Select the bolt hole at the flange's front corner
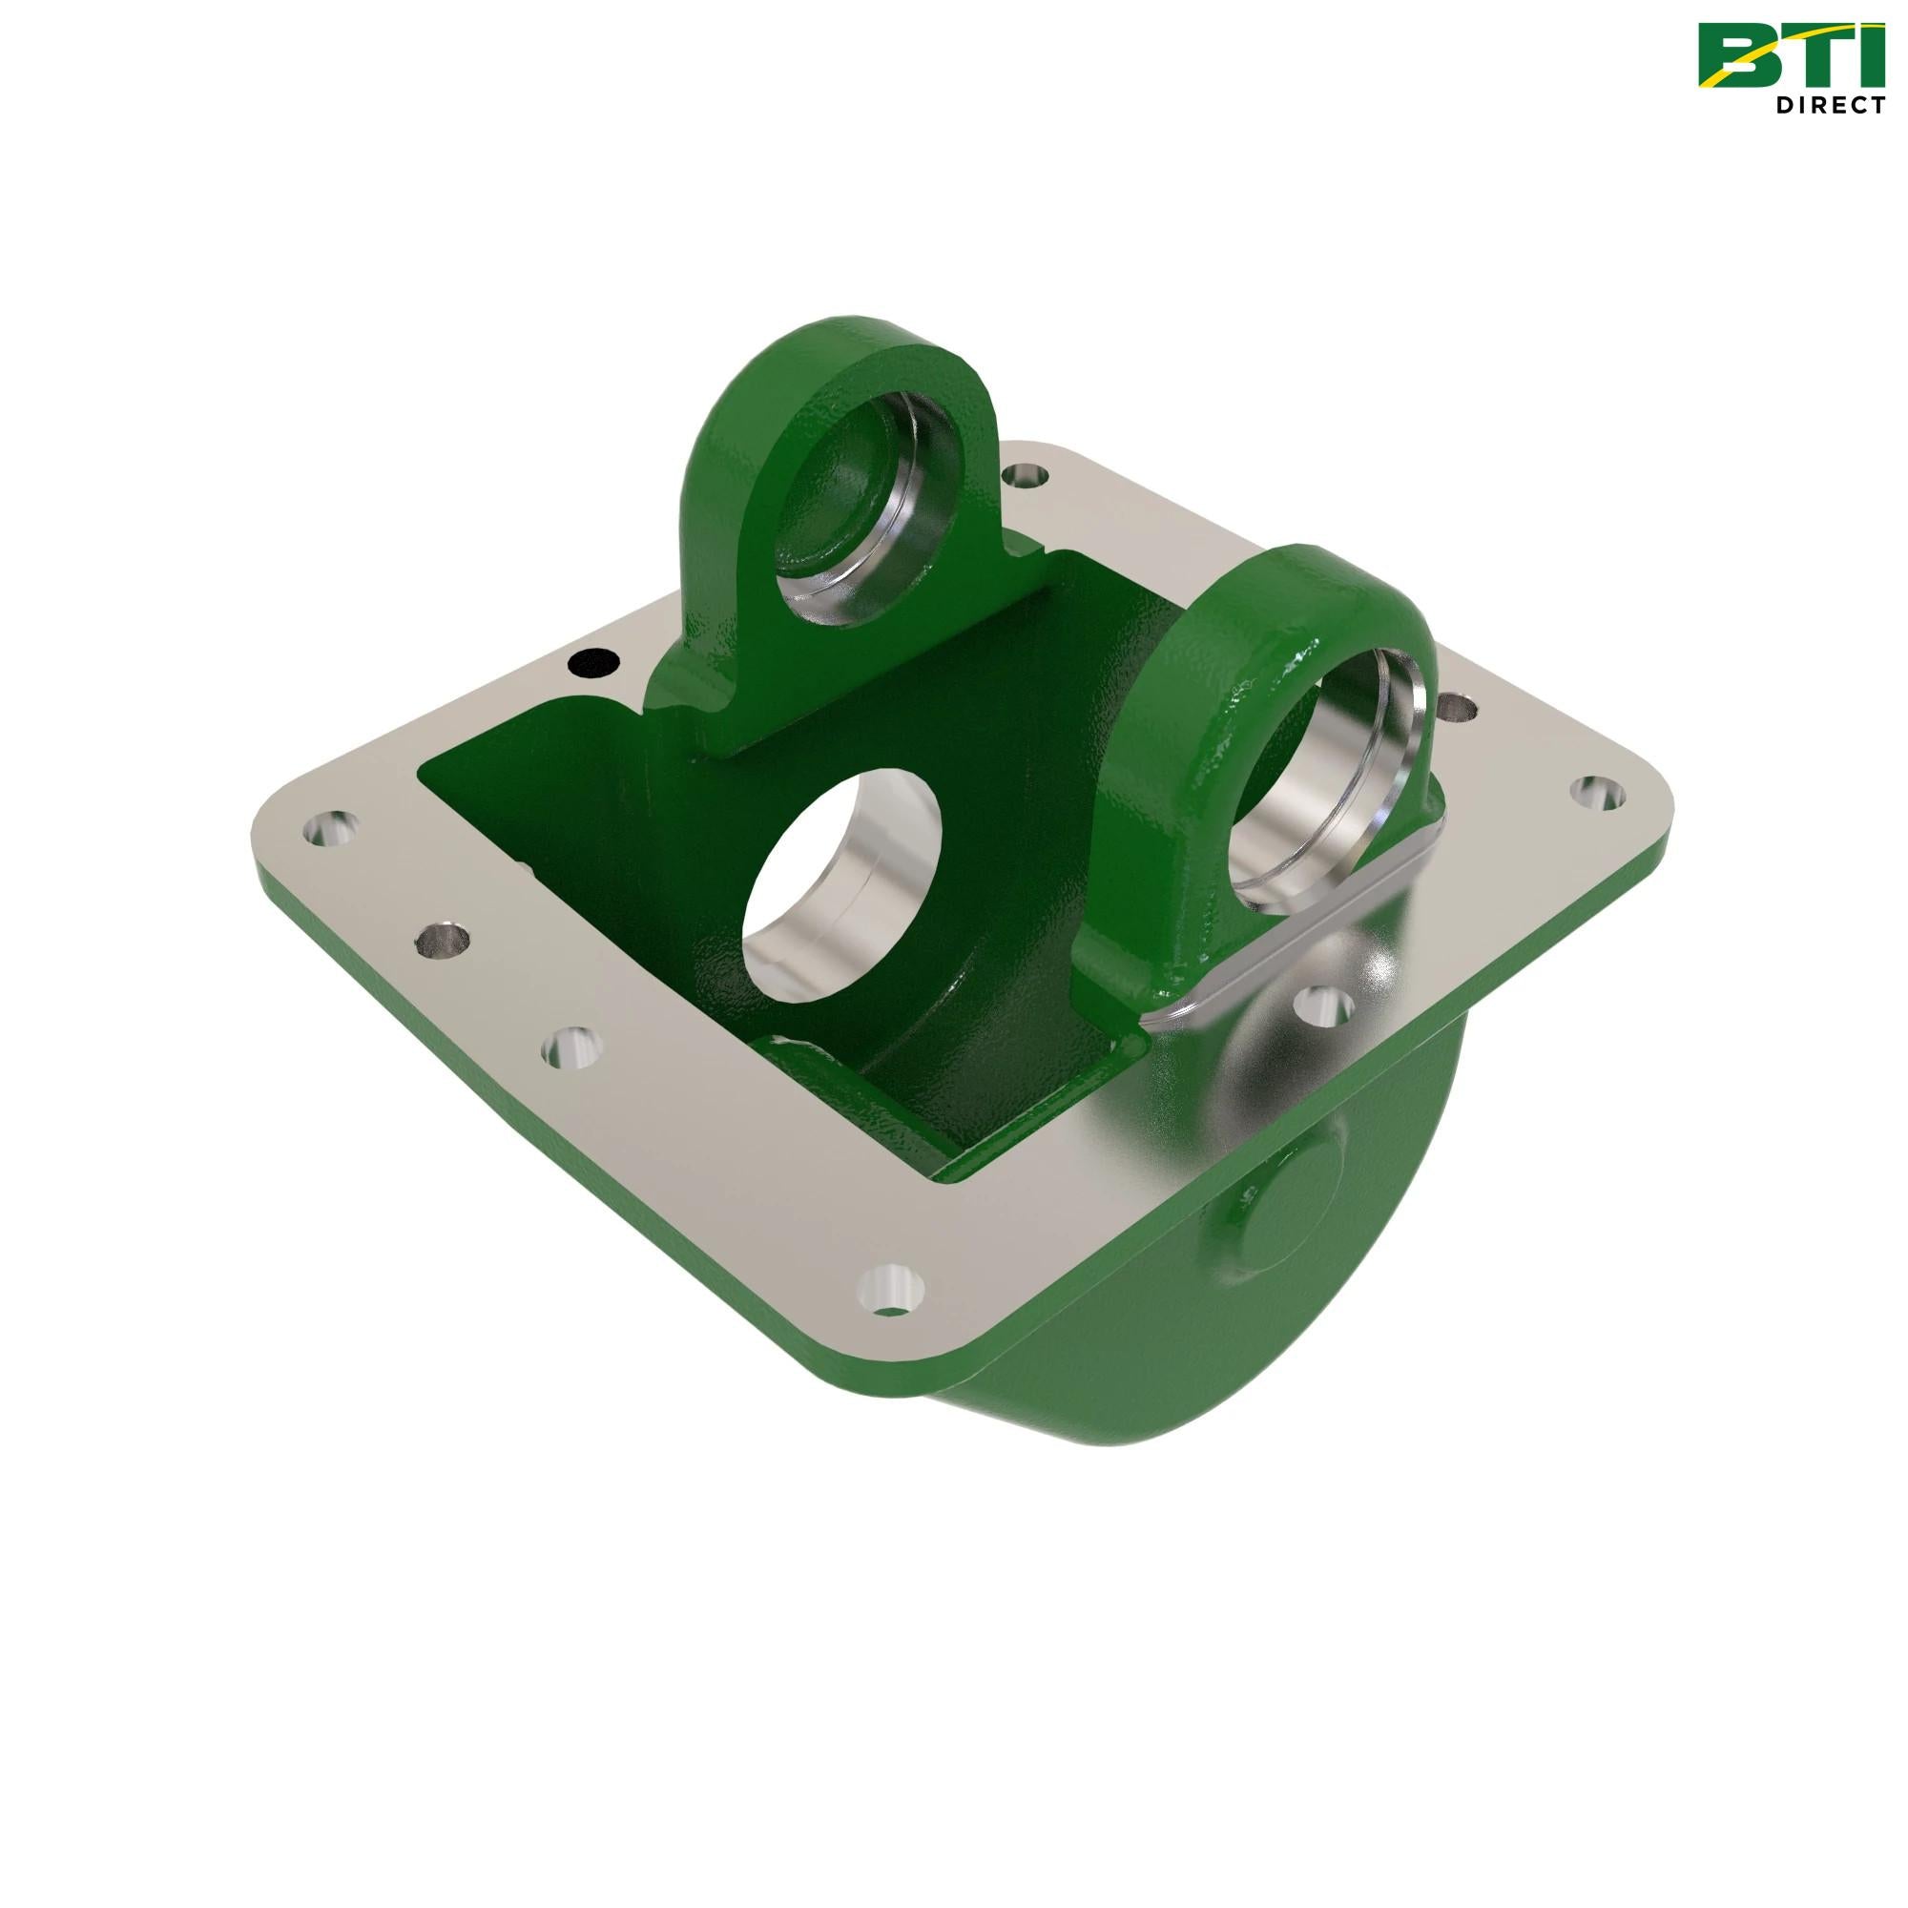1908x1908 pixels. tap(892, 1292)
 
